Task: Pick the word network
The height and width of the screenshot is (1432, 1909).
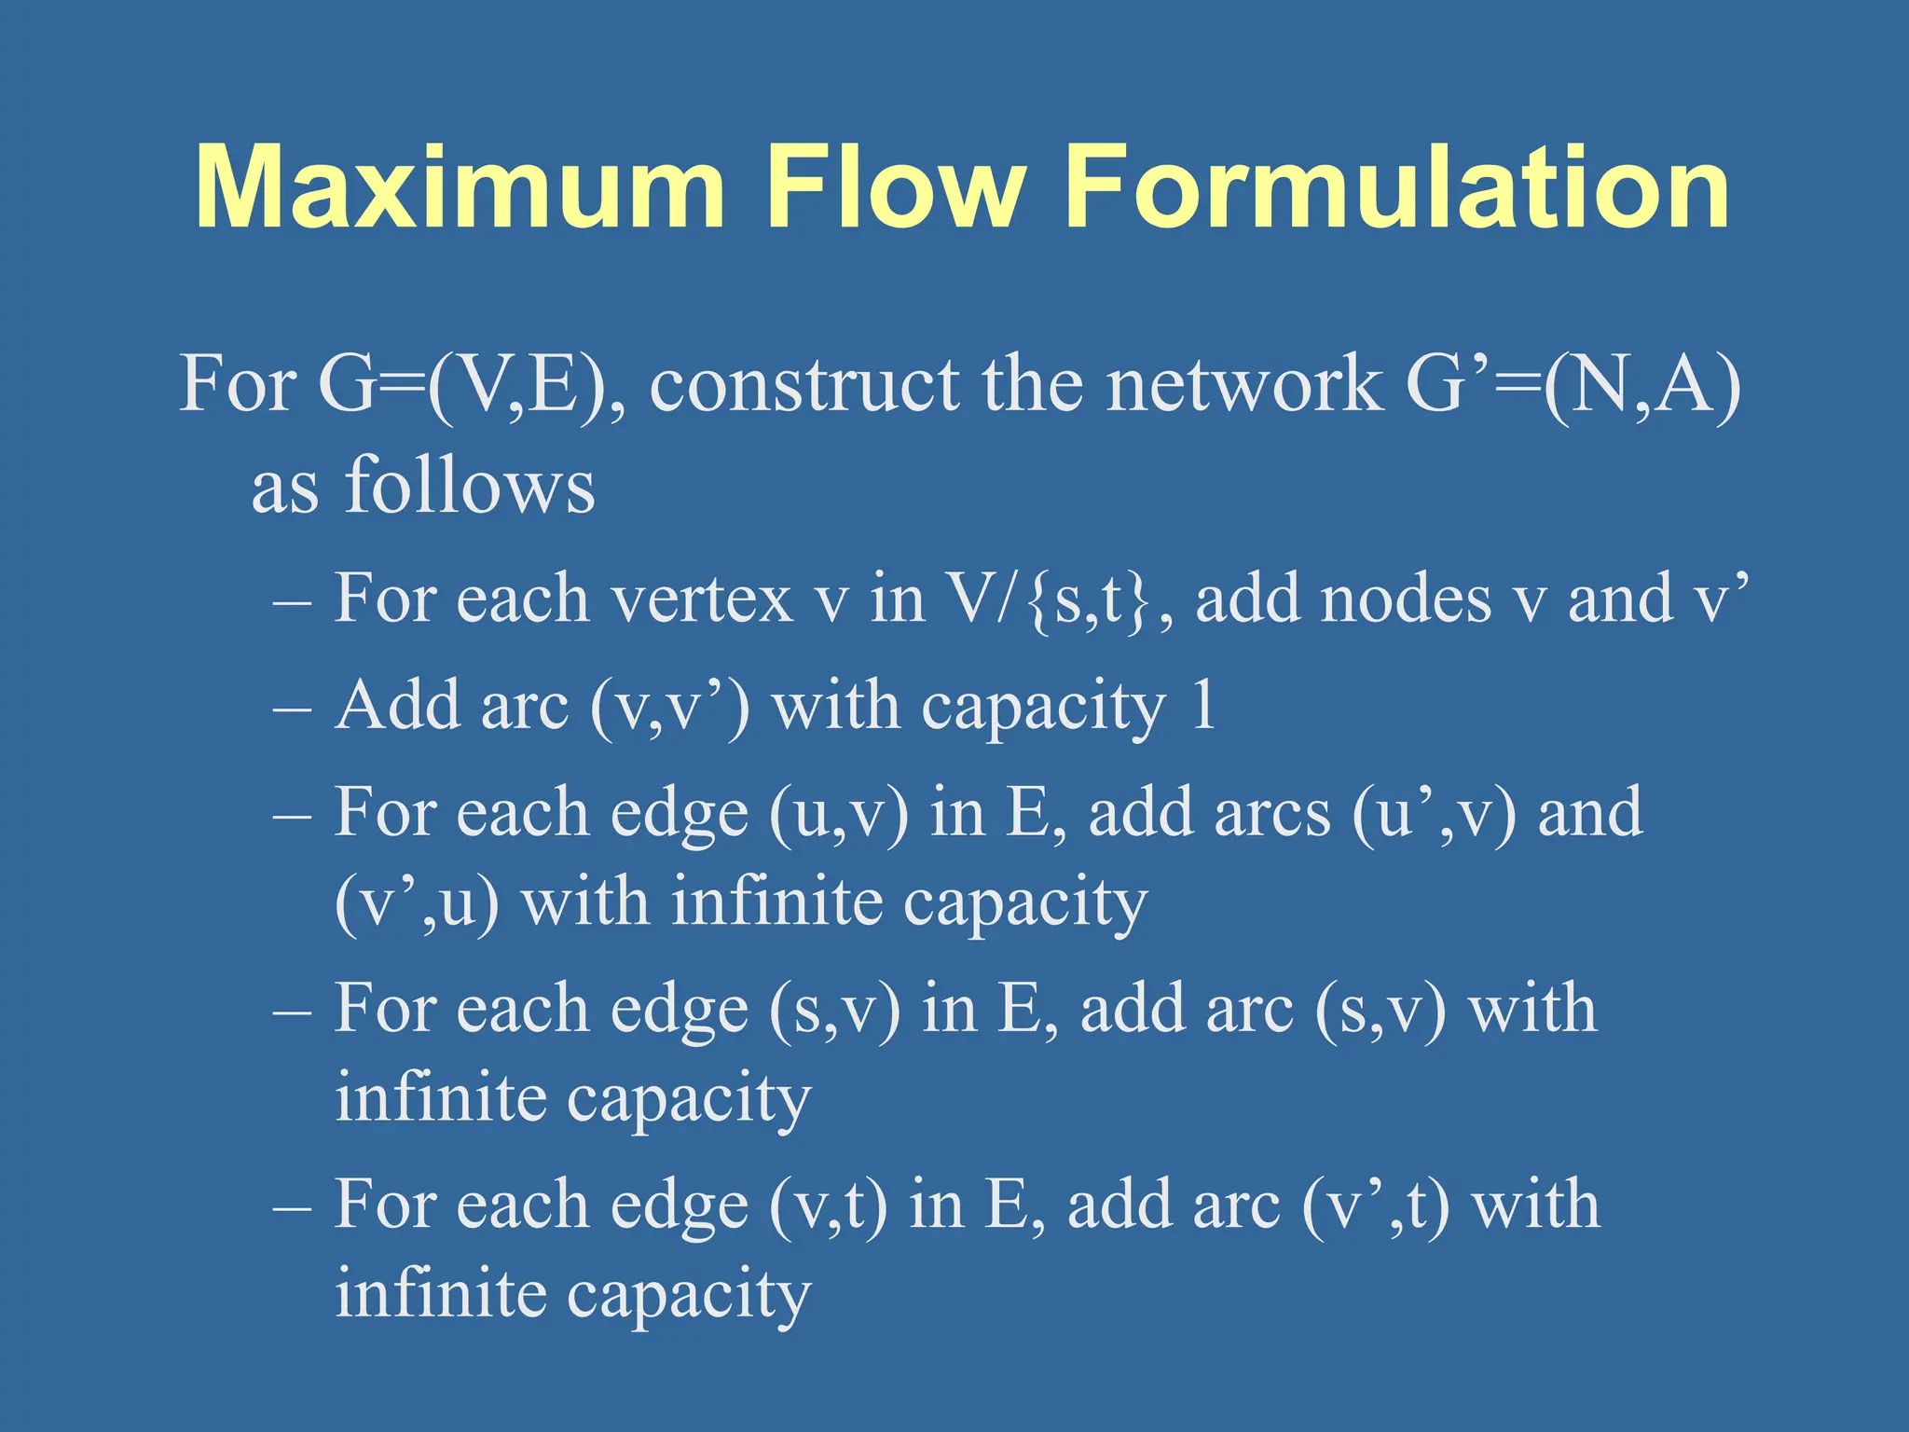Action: coord(1244,385)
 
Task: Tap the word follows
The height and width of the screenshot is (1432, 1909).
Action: coord(470,486)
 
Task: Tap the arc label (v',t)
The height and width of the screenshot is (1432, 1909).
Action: coord(1375,1205)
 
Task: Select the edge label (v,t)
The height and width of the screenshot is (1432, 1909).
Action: coord(827,1205)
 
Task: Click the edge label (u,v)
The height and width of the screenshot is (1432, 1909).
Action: coord(838,814)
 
